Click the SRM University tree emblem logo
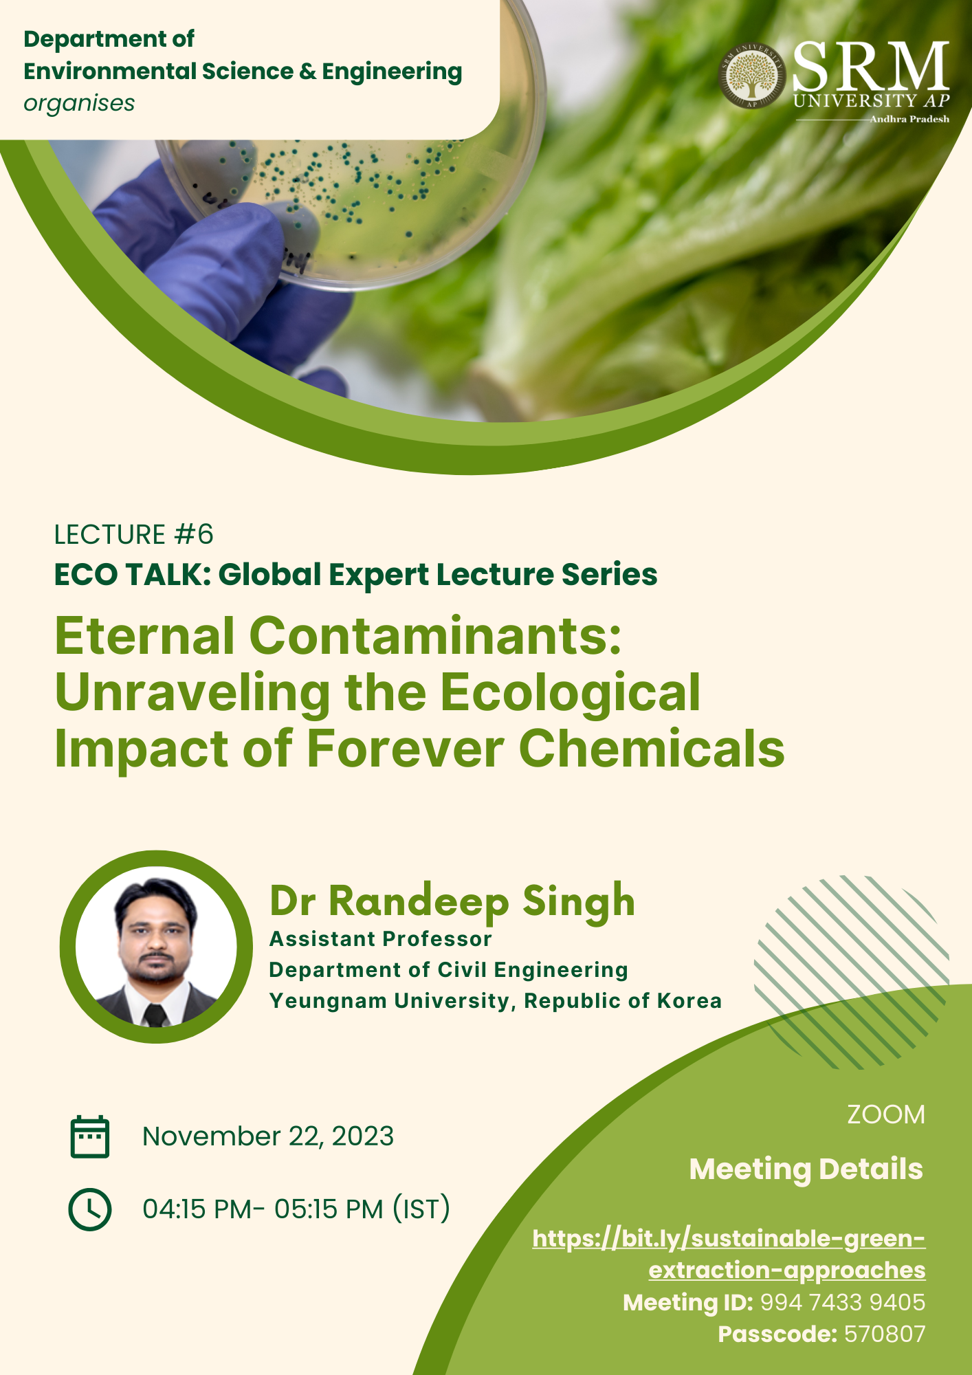tap(752, 76)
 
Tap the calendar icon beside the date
tap(90, 1136)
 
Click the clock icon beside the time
tap(90, 1209)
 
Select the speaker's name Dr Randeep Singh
tap(452, 902)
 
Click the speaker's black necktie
tap(155, 1015)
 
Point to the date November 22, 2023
tap(268, 1136)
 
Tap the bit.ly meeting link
tap(729, 1254)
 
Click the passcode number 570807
tap(885, 1334)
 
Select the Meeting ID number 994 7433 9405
tap(843, 1302)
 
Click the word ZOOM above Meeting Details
tap(886, 1114)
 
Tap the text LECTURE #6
tap(134, 534)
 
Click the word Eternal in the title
tap(144, 636)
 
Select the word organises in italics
tap(79, 104)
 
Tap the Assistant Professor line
tap(381, 939)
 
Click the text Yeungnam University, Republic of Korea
tap(496, 1001)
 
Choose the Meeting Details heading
tap(806, 1169)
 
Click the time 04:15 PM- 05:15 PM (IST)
tap(296, 1209)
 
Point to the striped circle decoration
tap(852, 972)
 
